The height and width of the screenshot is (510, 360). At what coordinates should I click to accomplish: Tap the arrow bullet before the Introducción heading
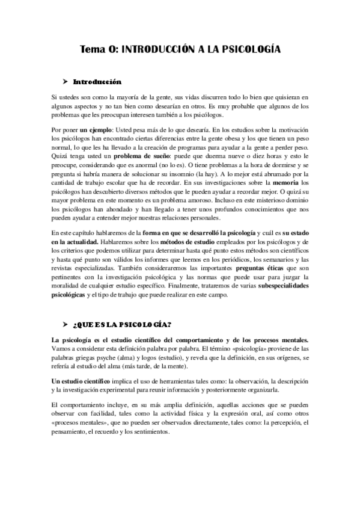66,82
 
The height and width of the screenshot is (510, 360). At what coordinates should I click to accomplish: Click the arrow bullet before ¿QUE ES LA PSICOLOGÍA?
66,324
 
